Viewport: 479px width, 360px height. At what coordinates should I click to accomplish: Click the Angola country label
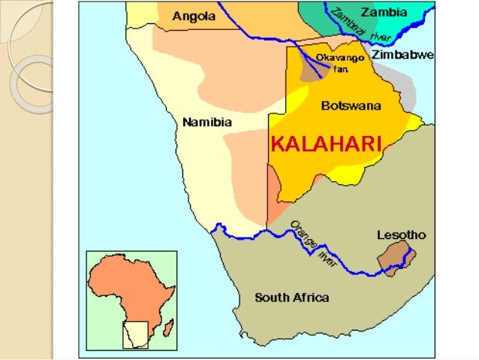coord(194,16)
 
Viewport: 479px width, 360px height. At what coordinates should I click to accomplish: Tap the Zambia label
coord(384,12)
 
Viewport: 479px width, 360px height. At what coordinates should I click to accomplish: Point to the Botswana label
coord(350,106)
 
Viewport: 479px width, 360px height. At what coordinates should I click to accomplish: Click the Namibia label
coord(207,122)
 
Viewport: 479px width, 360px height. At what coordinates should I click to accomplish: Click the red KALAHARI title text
coord(326,143)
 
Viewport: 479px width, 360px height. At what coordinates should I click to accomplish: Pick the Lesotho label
coord(400,235)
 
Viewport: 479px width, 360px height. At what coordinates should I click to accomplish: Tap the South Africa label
coord(291,298)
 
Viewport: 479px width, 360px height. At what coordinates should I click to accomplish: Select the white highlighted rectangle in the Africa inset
coord(135,333)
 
